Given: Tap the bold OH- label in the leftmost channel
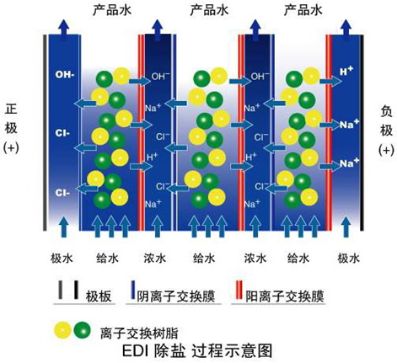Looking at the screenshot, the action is (x=65, y=75).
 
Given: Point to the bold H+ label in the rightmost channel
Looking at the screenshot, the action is (x=346, y=71).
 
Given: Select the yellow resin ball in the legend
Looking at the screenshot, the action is (x=62, y=330).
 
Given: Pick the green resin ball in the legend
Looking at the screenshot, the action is (x=83, y=330).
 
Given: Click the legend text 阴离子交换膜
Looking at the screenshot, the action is (x=176, y=296).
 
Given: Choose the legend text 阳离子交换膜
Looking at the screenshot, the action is (x=285, y=296).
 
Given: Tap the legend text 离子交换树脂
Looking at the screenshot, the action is (x=139, y=334).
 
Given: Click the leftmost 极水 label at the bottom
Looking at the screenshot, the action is (x=62, y=258).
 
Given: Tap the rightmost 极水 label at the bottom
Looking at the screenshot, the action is (x=348, y=258).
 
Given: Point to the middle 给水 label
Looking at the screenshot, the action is (x=204, y=258).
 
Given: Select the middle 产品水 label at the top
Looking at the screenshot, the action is (x=209, y=11).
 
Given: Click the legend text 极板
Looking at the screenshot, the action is (x=99, y=296).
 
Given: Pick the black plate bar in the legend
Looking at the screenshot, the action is (x=76, y=290).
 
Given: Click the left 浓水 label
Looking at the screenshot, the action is (x=155, y=258).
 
